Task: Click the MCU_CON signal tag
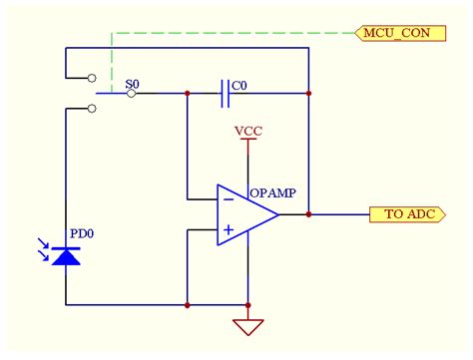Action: pyautogui.click(x=398, y=33)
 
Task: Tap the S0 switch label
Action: pyautogui.click(x=132, y=85)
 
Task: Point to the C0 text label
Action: pyautogui.click(x=239, y=86)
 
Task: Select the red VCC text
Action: pyautogui.click(x=247, y=131)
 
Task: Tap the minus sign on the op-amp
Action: pyautogui.click(x=229, y=198)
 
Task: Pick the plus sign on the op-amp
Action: pyautogui.click(x=229, y=230)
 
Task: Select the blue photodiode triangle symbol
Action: pyautogui.click(x=66, y=256)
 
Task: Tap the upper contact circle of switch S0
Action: pyautogui.click(x=92, y=77)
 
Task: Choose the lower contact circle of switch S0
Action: pyautogui.click(x=92, y=110)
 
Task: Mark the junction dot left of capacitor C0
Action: pyautogui.click(x=187, y=94)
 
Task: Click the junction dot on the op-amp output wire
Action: pyautogui.click(x=309, y=213)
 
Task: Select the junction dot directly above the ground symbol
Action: pyautogui.click(x=247, y=304)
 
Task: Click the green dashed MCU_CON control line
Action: pyautogui.click(x=230, y=33)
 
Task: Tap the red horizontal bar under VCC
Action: pyautogui.click(x=247, y=140)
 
